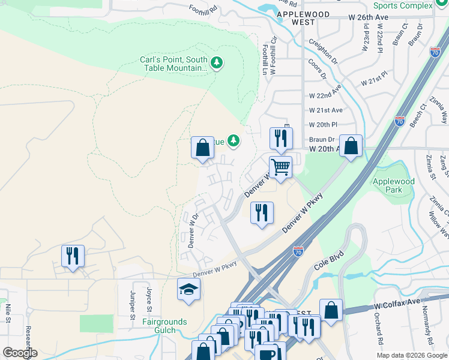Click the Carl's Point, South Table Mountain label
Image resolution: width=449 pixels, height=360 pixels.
pyautogui.click(x=173, y=64)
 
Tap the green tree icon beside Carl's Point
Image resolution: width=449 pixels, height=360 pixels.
pyautogui.click(x=217, y=62)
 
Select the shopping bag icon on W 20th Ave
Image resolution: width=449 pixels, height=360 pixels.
pyautogui.click(x=351, y=146)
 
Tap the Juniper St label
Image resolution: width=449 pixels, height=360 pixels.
pyautogui.click(x=133, y=302)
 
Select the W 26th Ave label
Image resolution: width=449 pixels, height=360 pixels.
pyautogui.click(x=369, y=17)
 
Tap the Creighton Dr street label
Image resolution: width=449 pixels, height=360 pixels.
pyautogui.click(x=322, y=51)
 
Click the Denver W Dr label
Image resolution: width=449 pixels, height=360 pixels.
pyautogui.click(x=192, y=232)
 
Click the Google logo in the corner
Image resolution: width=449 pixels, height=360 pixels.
pyautogui.click(x=19, y=353)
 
